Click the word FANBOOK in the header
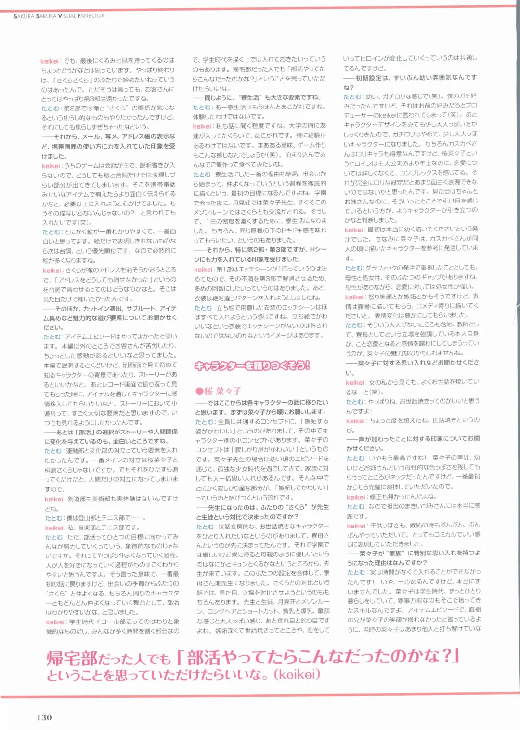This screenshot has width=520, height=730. point(91,16)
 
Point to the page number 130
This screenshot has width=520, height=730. point(44,717)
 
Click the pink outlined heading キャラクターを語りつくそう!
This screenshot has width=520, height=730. point(252,366)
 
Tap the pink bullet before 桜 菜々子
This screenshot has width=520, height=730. point(199,391)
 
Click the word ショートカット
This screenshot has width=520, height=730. point(263,611)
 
